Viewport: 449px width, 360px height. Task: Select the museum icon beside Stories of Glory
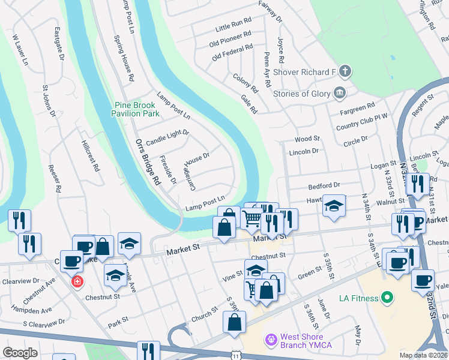(x=340, y=92)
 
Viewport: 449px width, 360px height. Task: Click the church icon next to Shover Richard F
(x=345, y=72)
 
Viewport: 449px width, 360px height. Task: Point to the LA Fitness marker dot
(x=387, y=298)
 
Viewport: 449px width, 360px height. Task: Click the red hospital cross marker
(x=76, y=281)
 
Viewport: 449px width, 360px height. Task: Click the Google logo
(x=20, y=353)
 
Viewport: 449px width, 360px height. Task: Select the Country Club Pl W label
(x=363, y=122)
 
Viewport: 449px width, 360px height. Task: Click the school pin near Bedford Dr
(x=334, y=206)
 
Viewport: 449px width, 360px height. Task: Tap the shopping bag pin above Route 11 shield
(x=234, y=322)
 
